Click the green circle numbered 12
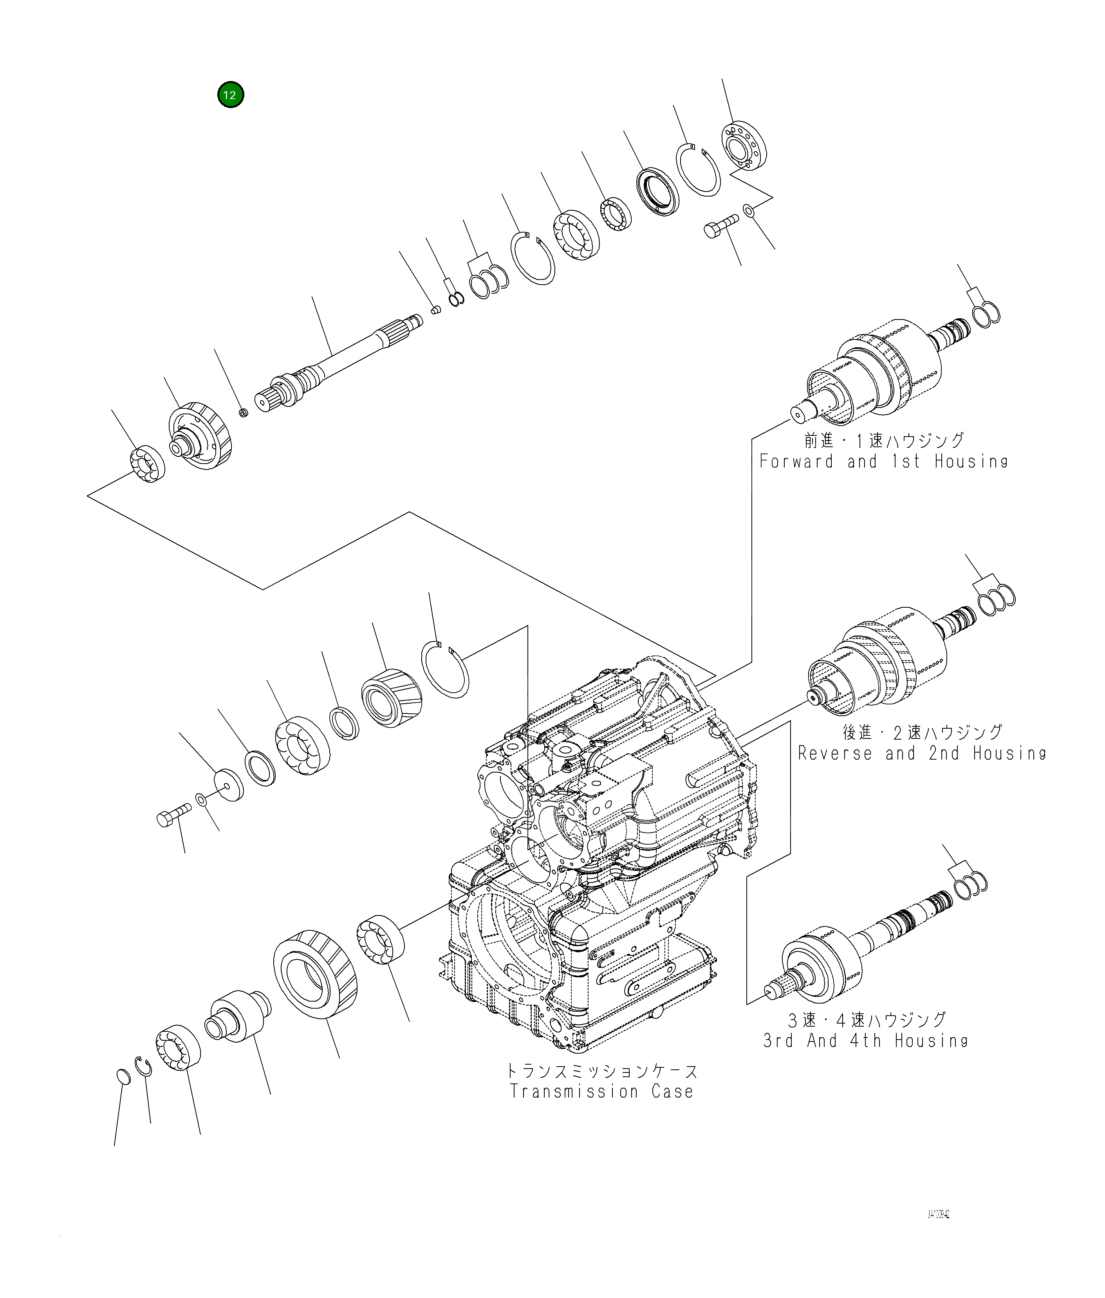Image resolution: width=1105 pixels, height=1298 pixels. (231, 95)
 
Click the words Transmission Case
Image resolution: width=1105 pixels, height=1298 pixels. (601, 1091)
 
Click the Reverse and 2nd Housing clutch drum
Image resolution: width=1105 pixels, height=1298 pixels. (877, 661)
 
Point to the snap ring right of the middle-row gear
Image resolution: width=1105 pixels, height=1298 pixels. (445, 669)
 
